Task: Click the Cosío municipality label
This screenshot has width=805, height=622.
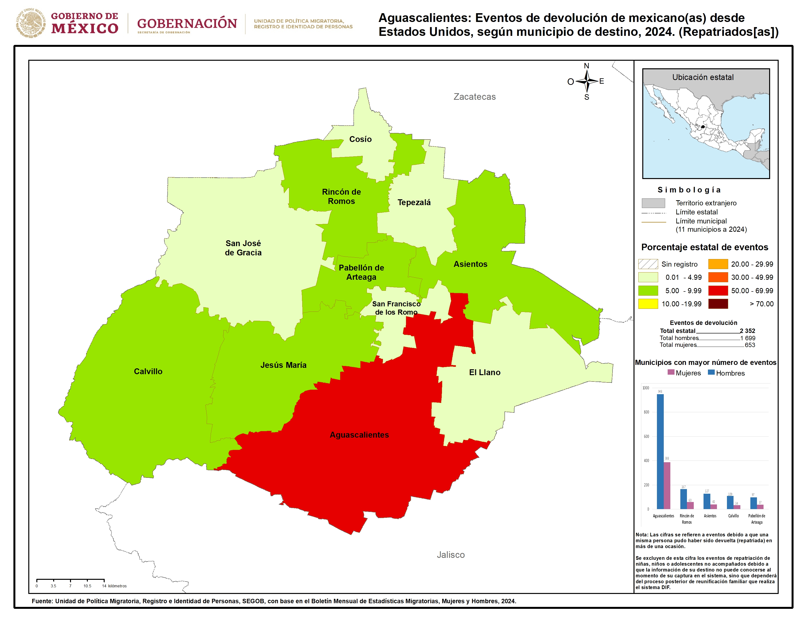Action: pos(360,139)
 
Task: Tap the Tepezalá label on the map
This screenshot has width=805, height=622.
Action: pos(414,202)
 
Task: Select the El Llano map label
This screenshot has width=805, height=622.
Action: pos(484,372)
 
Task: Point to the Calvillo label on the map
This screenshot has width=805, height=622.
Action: pos(148,371)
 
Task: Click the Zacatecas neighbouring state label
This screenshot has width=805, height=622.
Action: pos(474,97)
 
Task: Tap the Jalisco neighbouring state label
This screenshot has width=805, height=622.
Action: pos(450,555)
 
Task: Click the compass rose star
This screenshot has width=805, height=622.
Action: pos(586,81)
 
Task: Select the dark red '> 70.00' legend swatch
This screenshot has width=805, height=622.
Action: pos(718,304)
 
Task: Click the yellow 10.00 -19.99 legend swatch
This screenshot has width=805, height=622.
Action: pos(648,304)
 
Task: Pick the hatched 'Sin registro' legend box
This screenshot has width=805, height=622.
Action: pos(648,264)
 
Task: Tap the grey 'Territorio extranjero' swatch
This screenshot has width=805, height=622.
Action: pos(653,203)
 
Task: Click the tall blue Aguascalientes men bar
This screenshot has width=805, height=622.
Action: pos(660,451)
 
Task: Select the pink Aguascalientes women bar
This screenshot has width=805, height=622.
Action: pos(667,485)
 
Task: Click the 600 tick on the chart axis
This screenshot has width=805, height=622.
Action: pos(646,437)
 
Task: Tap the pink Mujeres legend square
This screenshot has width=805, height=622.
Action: pos(671,372)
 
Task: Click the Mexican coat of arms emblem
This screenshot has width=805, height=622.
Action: pos(30,23)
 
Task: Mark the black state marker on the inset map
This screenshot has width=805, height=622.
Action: pos(703,127)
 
